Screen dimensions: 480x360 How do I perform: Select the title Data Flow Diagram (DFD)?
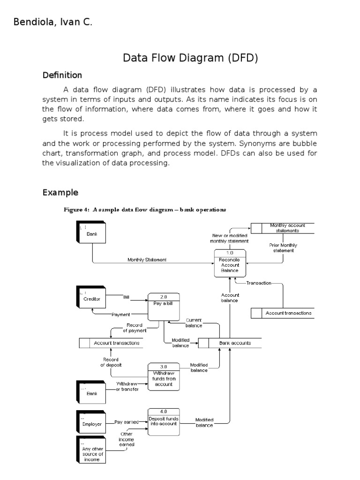coord(190,58)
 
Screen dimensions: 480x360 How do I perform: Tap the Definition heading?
coord(62,75)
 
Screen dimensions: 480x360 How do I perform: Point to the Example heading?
coord(60,193)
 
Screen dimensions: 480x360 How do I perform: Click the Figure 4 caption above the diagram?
coord(145,210)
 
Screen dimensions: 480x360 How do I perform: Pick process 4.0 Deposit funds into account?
coord(163,421)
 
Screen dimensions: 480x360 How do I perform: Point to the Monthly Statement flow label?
coord(147,260)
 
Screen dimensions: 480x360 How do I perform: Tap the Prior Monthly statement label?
coord(283,248)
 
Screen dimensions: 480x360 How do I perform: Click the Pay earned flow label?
coord(126,422)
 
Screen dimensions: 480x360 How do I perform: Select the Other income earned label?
coord(127,439)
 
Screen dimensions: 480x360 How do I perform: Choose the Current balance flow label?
coord(194,322)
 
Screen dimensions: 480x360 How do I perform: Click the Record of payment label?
coord(135,328)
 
